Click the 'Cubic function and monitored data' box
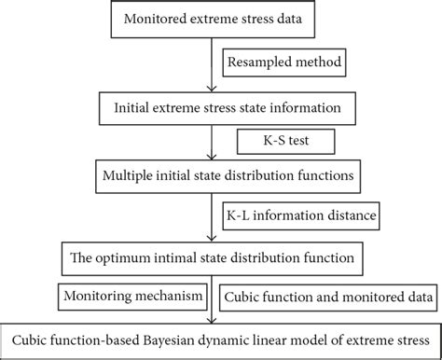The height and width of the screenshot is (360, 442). coord(326,297)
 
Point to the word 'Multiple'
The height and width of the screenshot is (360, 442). coord(131,174)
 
